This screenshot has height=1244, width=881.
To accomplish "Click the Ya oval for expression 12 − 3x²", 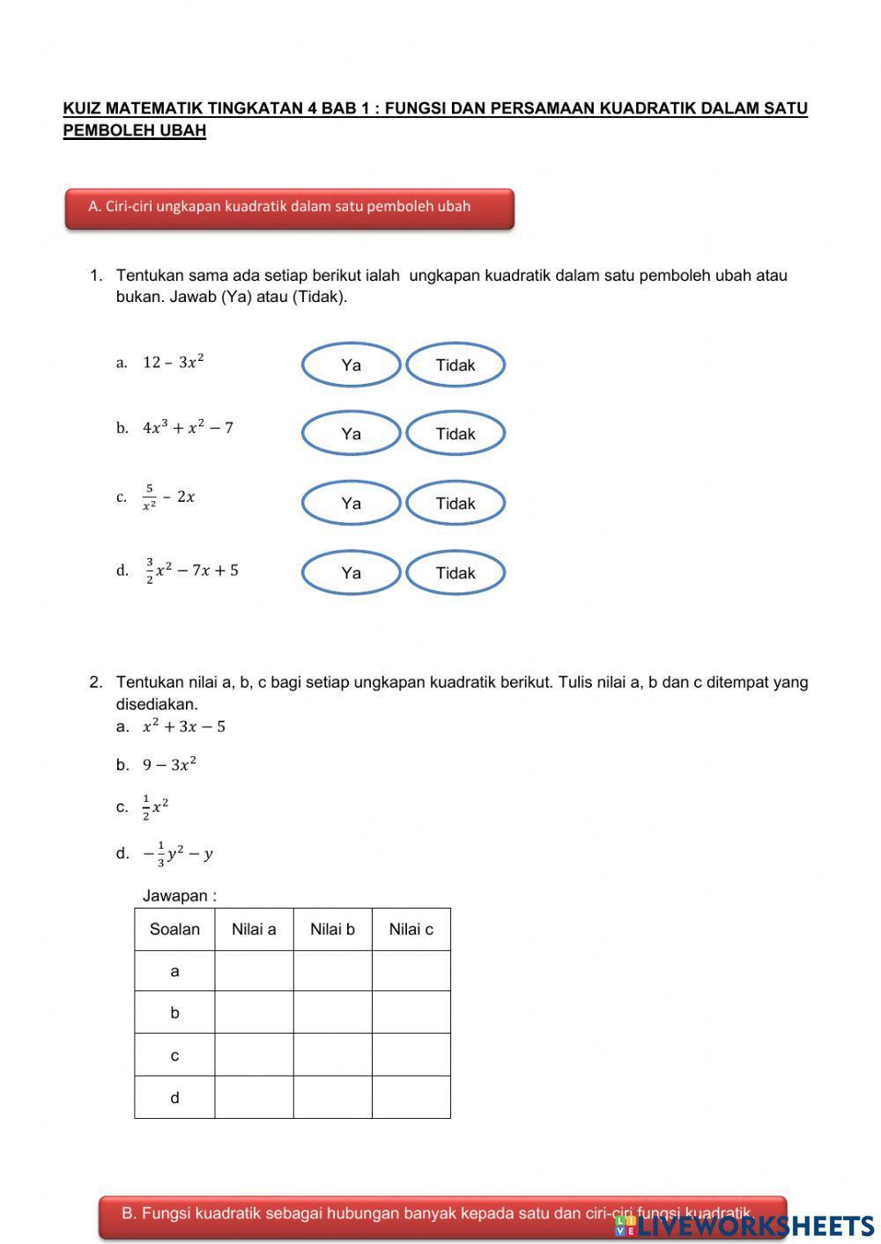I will (351, 364).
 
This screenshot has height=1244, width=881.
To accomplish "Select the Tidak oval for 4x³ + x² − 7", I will (455, 433).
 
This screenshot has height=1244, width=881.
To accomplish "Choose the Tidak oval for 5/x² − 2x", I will (455, 503).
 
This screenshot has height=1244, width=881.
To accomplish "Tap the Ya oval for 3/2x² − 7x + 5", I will (351, 572).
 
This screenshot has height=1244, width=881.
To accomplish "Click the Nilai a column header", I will (254, 929).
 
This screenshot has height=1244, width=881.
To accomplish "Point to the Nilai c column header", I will (411, 929).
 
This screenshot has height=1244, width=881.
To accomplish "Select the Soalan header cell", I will (174, 929).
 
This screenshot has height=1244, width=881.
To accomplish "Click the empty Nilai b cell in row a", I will (332, 971).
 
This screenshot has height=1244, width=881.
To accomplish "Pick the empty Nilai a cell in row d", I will (254, 1097).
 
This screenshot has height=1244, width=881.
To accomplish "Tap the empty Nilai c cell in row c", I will (411, 1055).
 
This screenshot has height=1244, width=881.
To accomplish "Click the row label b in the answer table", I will (174, 1012).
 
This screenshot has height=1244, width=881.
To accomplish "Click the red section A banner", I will (289, 208).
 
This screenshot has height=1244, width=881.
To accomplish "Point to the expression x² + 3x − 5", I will (184, 726).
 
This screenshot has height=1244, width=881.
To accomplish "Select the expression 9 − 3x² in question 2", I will (170, 764).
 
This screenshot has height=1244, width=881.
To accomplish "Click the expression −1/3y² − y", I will (178, 852).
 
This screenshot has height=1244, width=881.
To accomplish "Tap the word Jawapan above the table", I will (179, 895).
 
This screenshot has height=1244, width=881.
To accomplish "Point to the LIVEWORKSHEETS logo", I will (744, 1226).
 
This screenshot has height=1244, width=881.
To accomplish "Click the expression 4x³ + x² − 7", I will (188, 428).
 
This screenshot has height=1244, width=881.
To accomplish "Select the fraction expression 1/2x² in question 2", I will (156, 806).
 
